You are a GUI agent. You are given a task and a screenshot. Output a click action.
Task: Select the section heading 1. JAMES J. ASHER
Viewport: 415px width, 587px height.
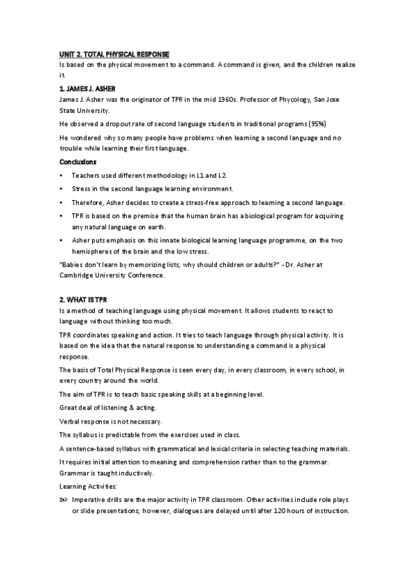[x=87, y=89]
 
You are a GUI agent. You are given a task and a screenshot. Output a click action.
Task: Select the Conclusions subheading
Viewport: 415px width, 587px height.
[x=78, y=161]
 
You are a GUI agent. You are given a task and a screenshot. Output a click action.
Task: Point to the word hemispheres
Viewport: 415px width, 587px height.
[x=94, y=251]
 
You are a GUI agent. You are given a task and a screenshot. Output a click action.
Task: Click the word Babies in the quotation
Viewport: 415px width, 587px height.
[x=75, y=265]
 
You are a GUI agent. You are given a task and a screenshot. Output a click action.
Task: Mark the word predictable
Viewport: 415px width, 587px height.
[x=121, y=435]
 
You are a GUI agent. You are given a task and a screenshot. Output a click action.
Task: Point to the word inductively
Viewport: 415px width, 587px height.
[x=135, y=473]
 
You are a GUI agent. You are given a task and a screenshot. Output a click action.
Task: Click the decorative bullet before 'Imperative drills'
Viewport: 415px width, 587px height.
[x=62, y=499]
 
